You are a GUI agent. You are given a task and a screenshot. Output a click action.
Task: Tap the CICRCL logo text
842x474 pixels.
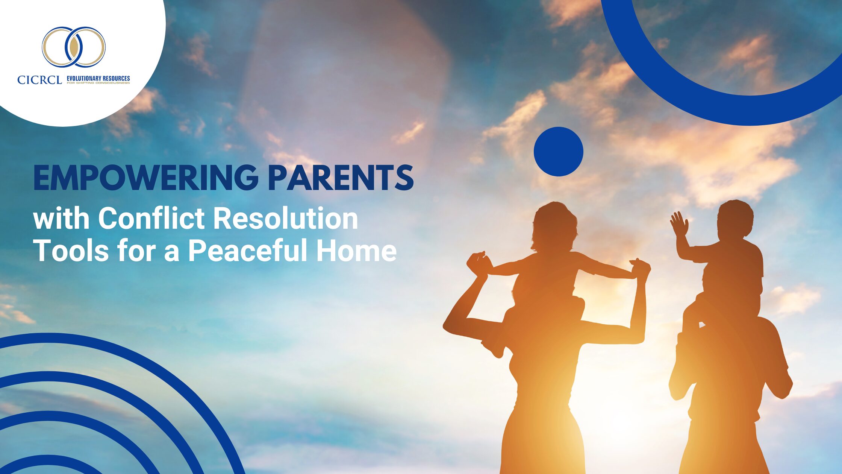click(39, 80)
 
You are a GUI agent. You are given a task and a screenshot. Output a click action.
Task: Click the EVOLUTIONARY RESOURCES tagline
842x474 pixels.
click(98, 78)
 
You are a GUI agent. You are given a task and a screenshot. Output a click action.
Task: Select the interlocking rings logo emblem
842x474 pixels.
click(74, 47)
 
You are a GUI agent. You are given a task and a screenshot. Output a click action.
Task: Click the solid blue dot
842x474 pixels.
click(559, 152)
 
